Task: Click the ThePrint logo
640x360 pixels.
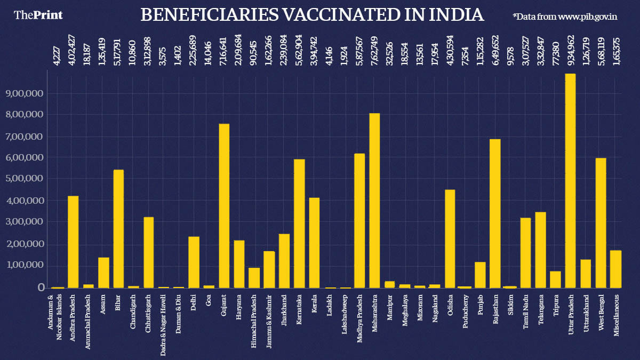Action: [x=38, y=15]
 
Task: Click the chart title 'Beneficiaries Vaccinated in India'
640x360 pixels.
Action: [x=312, y=15]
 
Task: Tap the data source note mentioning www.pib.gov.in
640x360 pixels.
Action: [x=565, y=17]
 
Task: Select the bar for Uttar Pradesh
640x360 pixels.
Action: [x=570, y=181]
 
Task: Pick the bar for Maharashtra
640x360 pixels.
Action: [x=375, y=201]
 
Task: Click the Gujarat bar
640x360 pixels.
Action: [x=224, y=206]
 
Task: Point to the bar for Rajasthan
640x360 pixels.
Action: [x=495, y=213]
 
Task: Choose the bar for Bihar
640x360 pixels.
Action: [x=118, y=229]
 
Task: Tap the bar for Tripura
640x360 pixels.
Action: [x=555, y=279]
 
